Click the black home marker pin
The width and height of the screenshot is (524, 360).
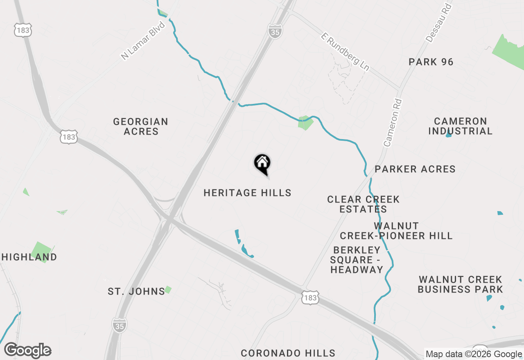click(262, 163)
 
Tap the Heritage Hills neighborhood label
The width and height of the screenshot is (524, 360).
click(247, 193)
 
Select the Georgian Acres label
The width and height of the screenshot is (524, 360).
click(141, 126)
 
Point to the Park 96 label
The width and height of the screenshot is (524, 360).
click(431, 62)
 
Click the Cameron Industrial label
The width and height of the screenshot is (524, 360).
click(461, 126)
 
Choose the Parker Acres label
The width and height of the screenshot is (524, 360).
click(415, 169)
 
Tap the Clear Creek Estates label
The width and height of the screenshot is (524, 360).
click(363, 204)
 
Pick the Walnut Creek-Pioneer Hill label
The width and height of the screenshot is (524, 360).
click(396, 231)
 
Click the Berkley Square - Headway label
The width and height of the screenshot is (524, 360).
click(357, 260)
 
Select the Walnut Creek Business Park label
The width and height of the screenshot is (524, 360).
click(460, 284)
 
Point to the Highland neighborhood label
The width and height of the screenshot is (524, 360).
click(29, 257)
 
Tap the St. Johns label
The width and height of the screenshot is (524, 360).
click(136, 292)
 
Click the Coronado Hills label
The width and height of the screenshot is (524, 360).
click(288, 353)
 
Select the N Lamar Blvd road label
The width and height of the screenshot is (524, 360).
click(143, 41)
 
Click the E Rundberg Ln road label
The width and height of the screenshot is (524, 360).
click(345, 53)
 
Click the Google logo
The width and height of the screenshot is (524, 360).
click(27, 351)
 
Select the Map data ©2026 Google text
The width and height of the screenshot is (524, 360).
click(474, 354)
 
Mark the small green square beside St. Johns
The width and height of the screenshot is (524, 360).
click(168, 290)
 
